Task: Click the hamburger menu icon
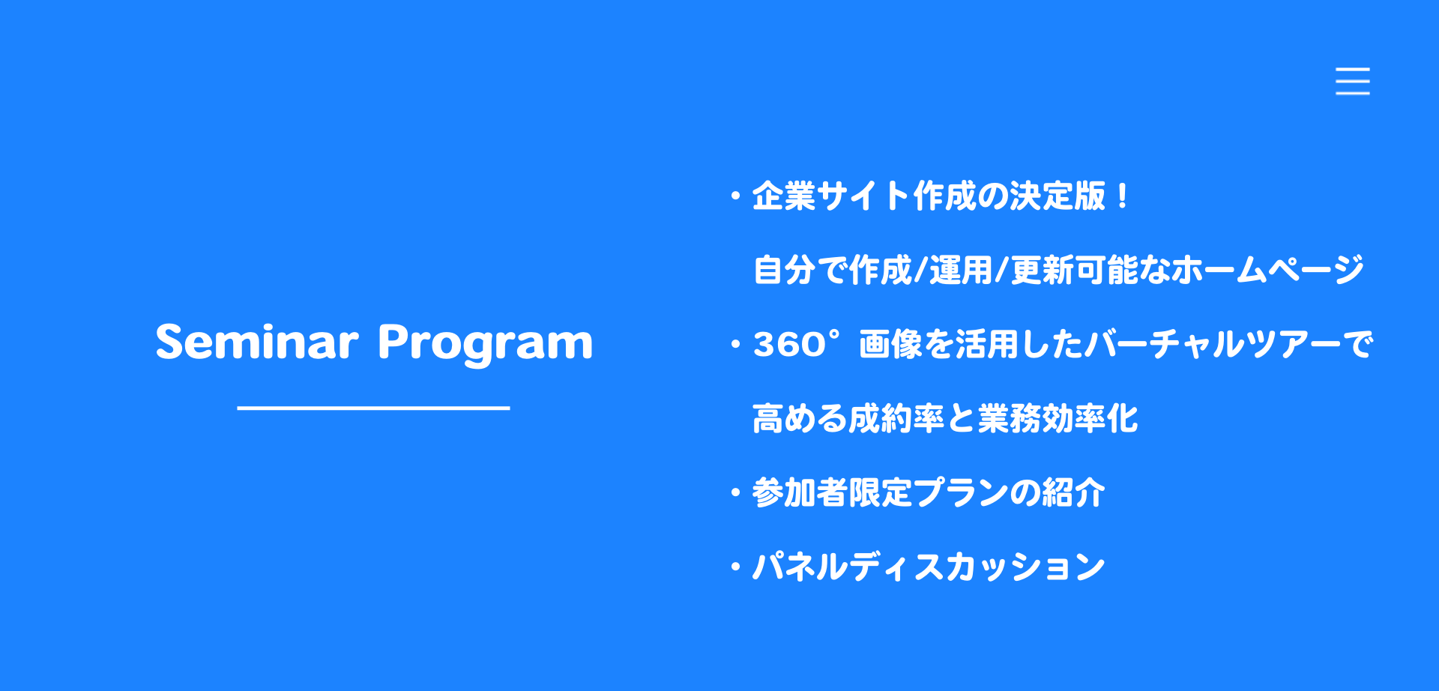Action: pos(1352,81)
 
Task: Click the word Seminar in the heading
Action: pos(256,343)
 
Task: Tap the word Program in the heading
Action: pos(485,344)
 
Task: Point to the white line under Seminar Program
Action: pos(373,408)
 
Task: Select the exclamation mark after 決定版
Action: pos(1122,196)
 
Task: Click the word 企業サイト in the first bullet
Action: pos(830,196)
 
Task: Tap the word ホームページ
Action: pos(1267,270)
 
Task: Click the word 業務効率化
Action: pos(1058,418)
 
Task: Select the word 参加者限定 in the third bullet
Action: pos(832,492)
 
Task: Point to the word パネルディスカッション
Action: pos(929,567)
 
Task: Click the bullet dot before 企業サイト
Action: pos(735,197)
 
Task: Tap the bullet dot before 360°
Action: pos(735,345)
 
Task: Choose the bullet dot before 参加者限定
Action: pos(735,493)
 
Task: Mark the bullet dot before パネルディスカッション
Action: pos(735,567)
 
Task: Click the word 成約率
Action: pos(896,418)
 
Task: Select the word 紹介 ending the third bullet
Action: pos(1073,492)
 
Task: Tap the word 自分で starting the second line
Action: pos(800,270)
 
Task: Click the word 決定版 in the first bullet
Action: pos(1058,196)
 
